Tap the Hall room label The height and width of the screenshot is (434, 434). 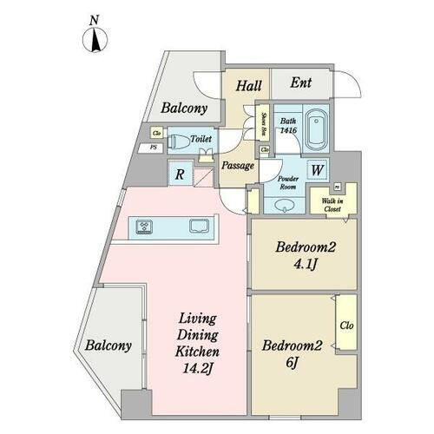coord(249,86)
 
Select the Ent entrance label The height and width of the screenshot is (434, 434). coord(300,83)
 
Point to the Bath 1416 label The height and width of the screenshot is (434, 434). coord(288,126)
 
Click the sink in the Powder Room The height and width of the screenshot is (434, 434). coord(286,206)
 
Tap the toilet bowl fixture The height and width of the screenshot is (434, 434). coord(181,141)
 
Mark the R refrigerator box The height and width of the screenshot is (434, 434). coord(179,174)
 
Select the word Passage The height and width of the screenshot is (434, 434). coord(237,166)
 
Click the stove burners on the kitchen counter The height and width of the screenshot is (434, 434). coord(144,228)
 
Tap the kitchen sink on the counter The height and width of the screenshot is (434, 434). coord(199,228)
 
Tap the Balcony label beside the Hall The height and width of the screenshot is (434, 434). coord(184,109)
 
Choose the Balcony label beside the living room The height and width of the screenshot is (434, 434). coord(108,345)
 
